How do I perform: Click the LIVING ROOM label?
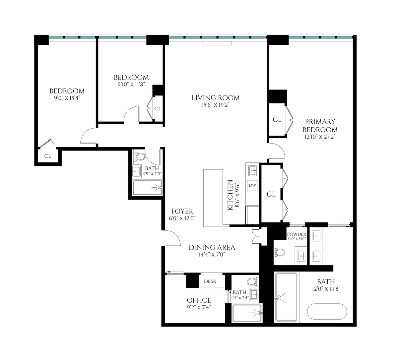(x=216, y=98)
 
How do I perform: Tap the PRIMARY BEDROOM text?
(x=320, y=126)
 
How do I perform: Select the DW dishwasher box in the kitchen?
(x=252, y=185)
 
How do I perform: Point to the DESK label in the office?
(x=210, y=281)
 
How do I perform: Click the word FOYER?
(x=182, y=211)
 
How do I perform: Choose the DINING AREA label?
(x=212, y=247)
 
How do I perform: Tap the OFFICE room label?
(x=199, y=300)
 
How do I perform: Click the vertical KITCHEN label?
(x=230, y=195)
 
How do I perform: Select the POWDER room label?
(x=297, y=234)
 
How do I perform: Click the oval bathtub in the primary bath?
(x=327, y=312)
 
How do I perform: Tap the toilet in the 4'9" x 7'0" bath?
(x=141, y=157)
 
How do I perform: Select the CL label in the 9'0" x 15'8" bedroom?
(x=47, y=156)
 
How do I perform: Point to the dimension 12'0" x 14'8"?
(x=325, y=289)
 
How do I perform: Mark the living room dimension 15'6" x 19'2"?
(x=216, y=105)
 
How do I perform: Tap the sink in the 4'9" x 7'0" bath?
(x=137, y=171)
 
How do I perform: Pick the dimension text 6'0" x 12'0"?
(x=182, y=218)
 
